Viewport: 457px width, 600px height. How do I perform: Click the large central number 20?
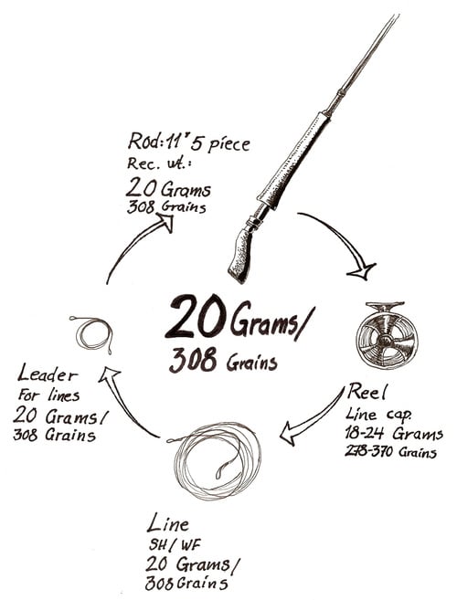[x=197, y=317]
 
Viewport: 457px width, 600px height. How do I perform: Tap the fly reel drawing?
[x=386, y=336]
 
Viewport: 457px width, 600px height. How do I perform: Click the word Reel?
[x=367, y=392]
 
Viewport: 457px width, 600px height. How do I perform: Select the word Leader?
[x=48, y=374]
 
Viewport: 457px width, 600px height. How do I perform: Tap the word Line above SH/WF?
[x=168, y=523]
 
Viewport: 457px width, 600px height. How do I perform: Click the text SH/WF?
[x=175, y=544]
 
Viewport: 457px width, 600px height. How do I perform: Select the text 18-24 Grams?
[x=394, y=434]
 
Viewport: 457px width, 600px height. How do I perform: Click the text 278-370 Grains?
[x=390, y=452]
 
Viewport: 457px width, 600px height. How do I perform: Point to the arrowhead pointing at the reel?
[x=361, y=271]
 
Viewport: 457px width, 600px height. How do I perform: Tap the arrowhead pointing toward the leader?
[x=109, y=374]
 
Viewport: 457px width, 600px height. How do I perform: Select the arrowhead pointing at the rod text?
[x=165, y=223]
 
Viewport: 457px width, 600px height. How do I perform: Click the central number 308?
[x=193, y=361]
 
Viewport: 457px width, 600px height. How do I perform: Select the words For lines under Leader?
[x=49, y=395]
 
